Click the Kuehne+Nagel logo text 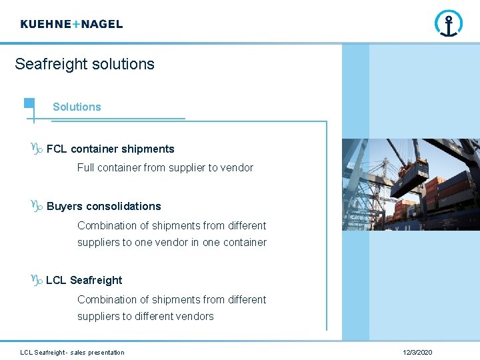click(x=71, y=24)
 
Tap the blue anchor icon click(x=448, y=23)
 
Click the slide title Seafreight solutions click(x=85, y=64)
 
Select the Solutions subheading click(x=77, y=107)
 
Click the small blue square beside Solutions click(x=29, y=103)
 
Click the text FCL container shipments click(x=110, y=149)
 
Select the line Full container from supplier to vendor click(x=165, y=168)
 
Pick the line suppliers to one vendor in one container click(x=171, y=243)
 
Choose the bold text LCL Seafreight click(x=84, y=281)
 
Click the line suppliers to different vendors click(x=145, y=317)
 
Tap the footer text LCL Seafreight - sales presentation click(x=72, y=353)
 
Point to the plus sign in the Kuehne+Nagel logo click(x=75, y=24)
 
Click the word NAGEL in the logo click(x=101, y=24)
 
